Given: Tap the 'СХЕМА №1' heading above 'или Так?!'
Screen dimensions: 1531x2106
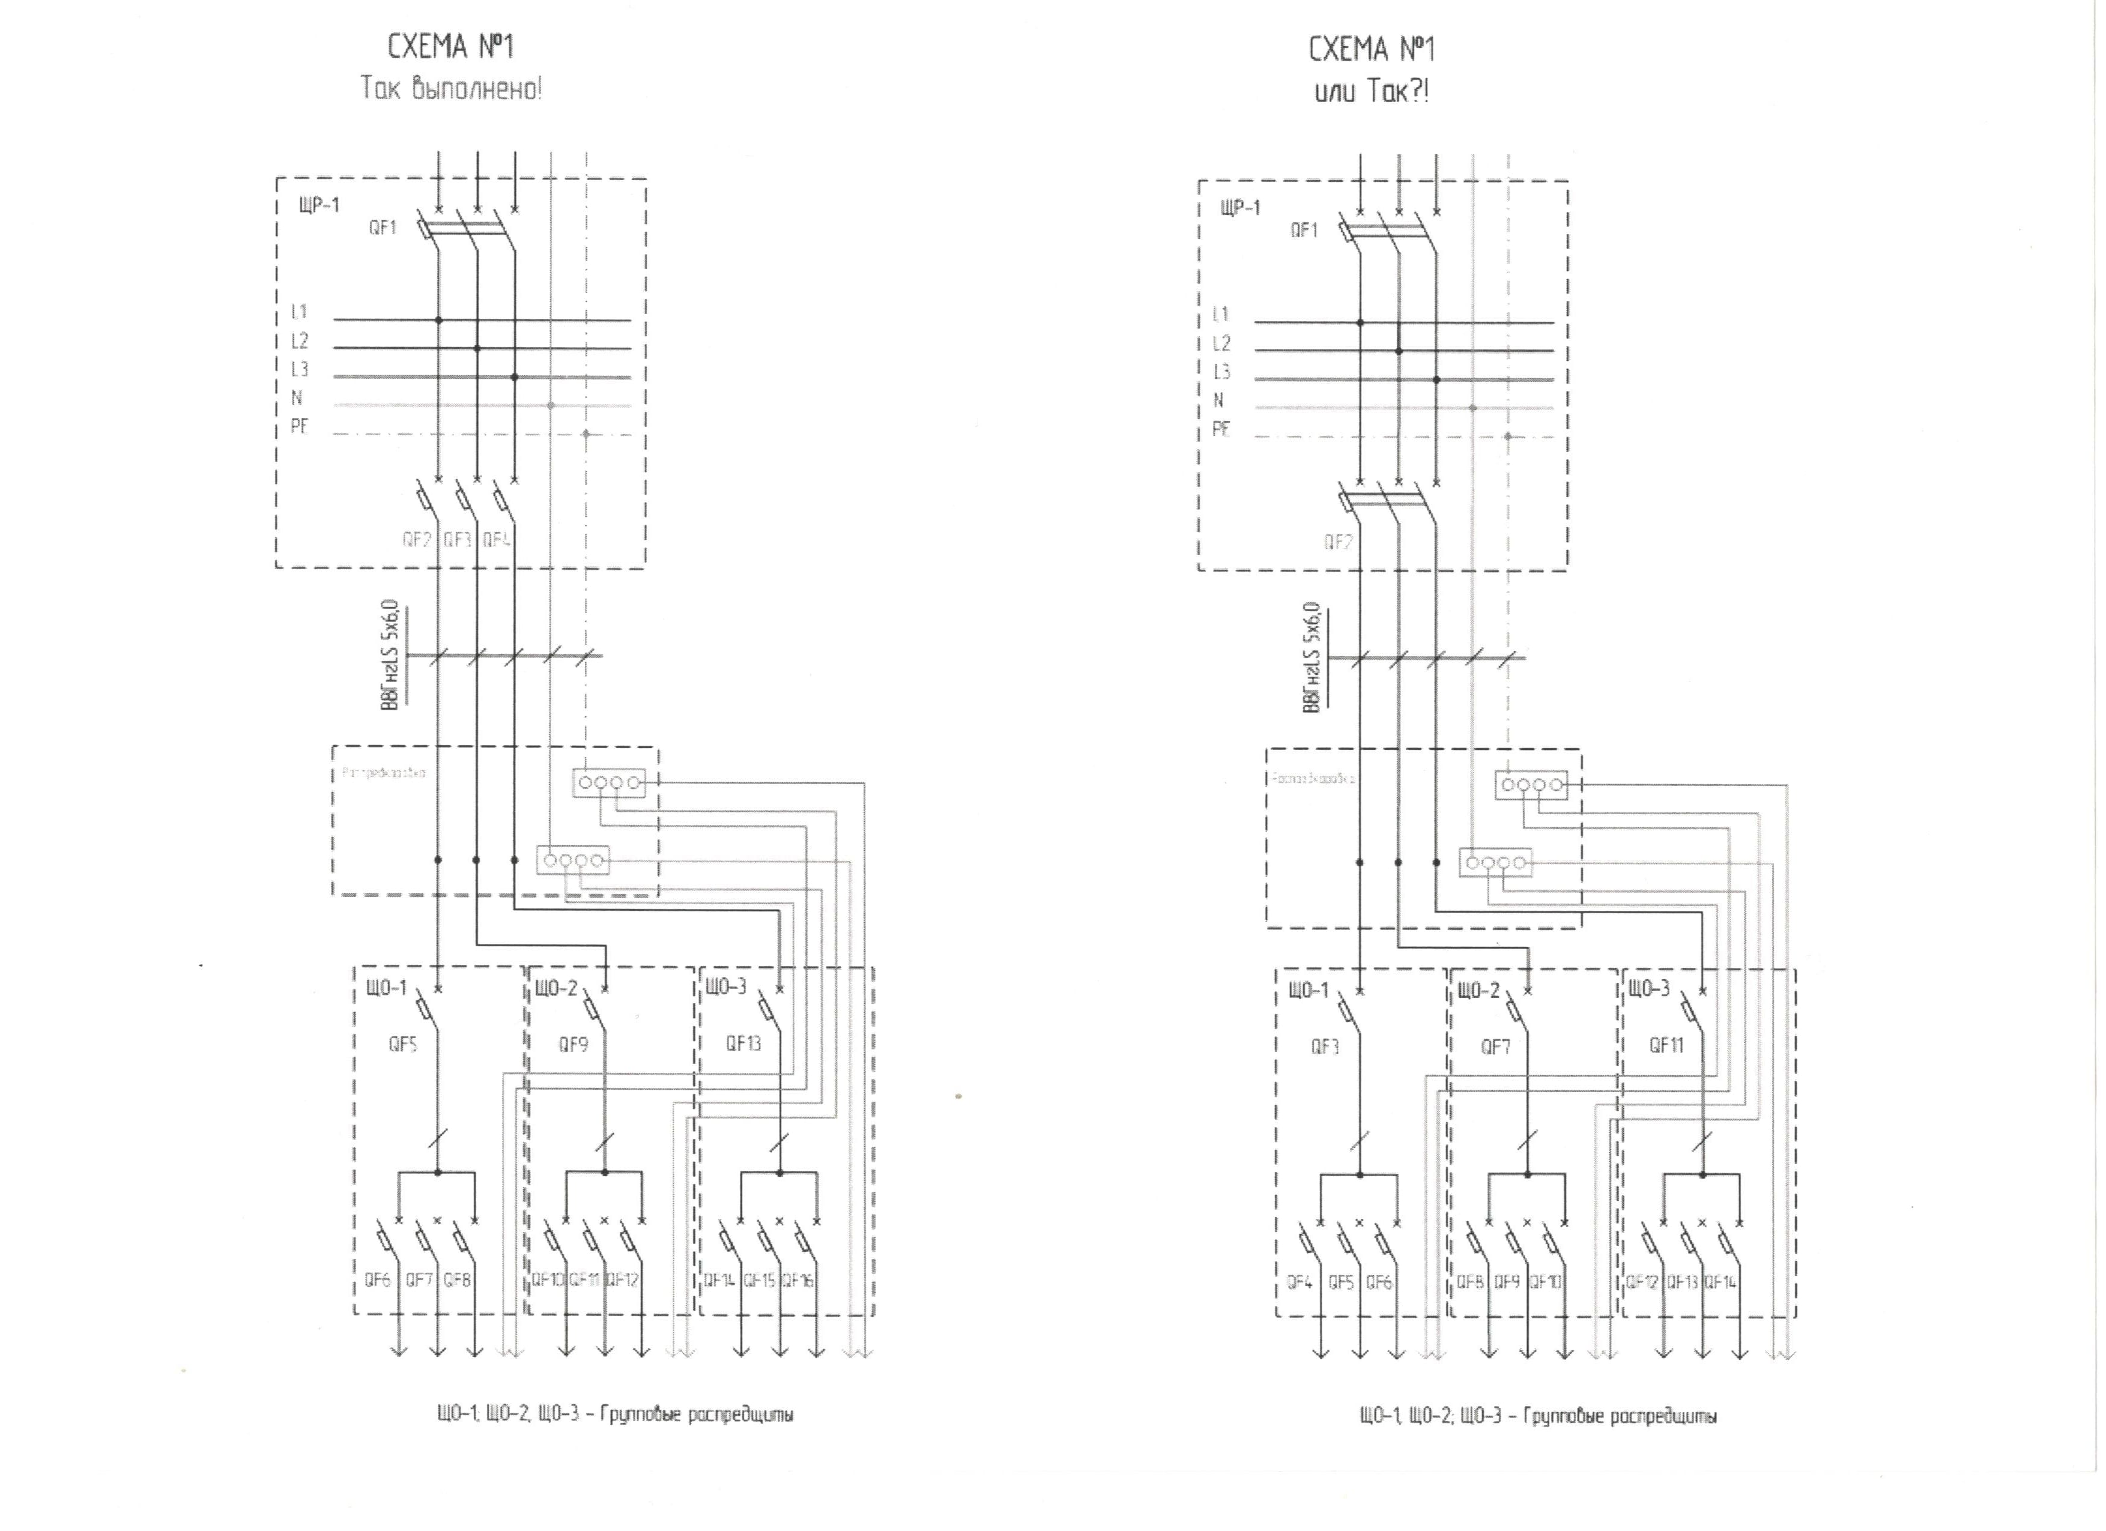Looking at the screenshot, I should [1372, 49].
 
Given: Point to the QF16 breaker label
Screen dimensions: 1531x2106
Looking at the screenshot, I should [797, 1280].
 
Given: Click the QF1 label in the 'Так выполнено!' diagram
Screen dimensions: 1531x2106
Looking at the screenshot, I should [383, 228].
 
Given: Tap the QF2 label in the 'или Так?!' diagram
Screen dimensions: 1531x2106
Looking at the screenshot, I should [1338, 542].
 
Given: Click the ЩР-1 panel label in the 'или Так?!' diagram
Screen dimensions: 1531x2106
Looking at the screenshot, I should [1241, 208].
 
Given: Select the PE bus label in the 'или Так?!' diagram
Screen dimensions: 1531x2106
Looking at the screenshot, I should [1221, 429].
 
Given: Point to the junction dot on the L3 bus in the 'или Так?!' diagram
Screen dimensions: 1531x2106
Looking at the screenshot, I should [1436, 379].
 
